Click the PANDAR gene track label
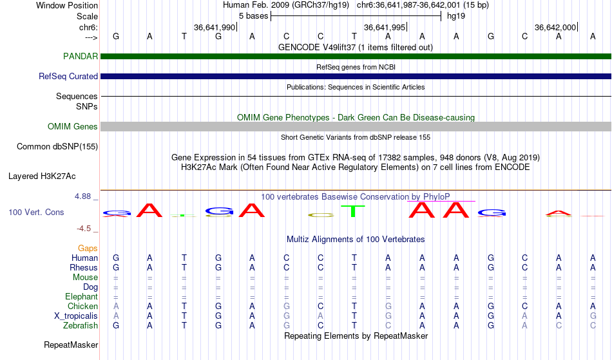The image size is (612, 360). (x=81, y=56)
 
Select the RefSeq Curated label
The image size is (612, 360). (x=68, y=76)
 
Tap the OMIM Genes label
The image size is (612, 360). (x=73, y=126)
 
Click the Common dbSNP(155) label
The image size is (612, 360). (x=57, y=147)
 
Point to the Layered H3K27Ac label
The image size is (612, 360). (x=42, y=176)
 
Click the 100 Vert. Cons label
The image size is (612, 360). (x=36, y=212)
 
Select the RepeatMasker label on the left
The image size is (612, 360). (x=71, y=345)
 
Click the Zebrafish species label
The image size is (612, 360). (x=81, y=325)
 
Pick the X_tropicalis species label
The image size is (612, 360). (x=76, y=316)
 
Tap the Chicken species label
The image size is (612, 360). (x=82, y=306)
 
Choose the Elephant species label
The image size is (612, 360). (x=82, y=296)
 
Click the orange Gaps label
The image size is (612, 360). (x=88, y=248)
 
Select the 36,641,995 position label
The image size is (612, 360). (x=385, y=27)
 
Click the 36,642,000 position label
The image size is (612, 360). (x=555, y=27)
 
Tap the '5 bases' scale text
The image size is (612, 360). (x=254, y=16)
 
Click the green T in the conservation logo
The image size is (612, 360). (x=353, y=211)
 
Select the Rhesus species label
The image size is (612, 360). (x=84, y=267)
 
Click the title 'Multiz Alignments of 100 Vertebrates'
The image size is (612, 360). (x=356, y=239)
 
